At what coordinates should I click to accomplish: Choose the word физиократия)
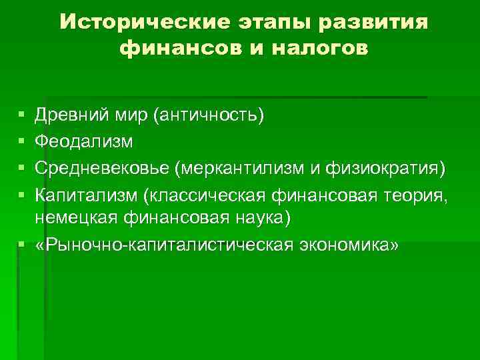[x=383, y=167]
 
